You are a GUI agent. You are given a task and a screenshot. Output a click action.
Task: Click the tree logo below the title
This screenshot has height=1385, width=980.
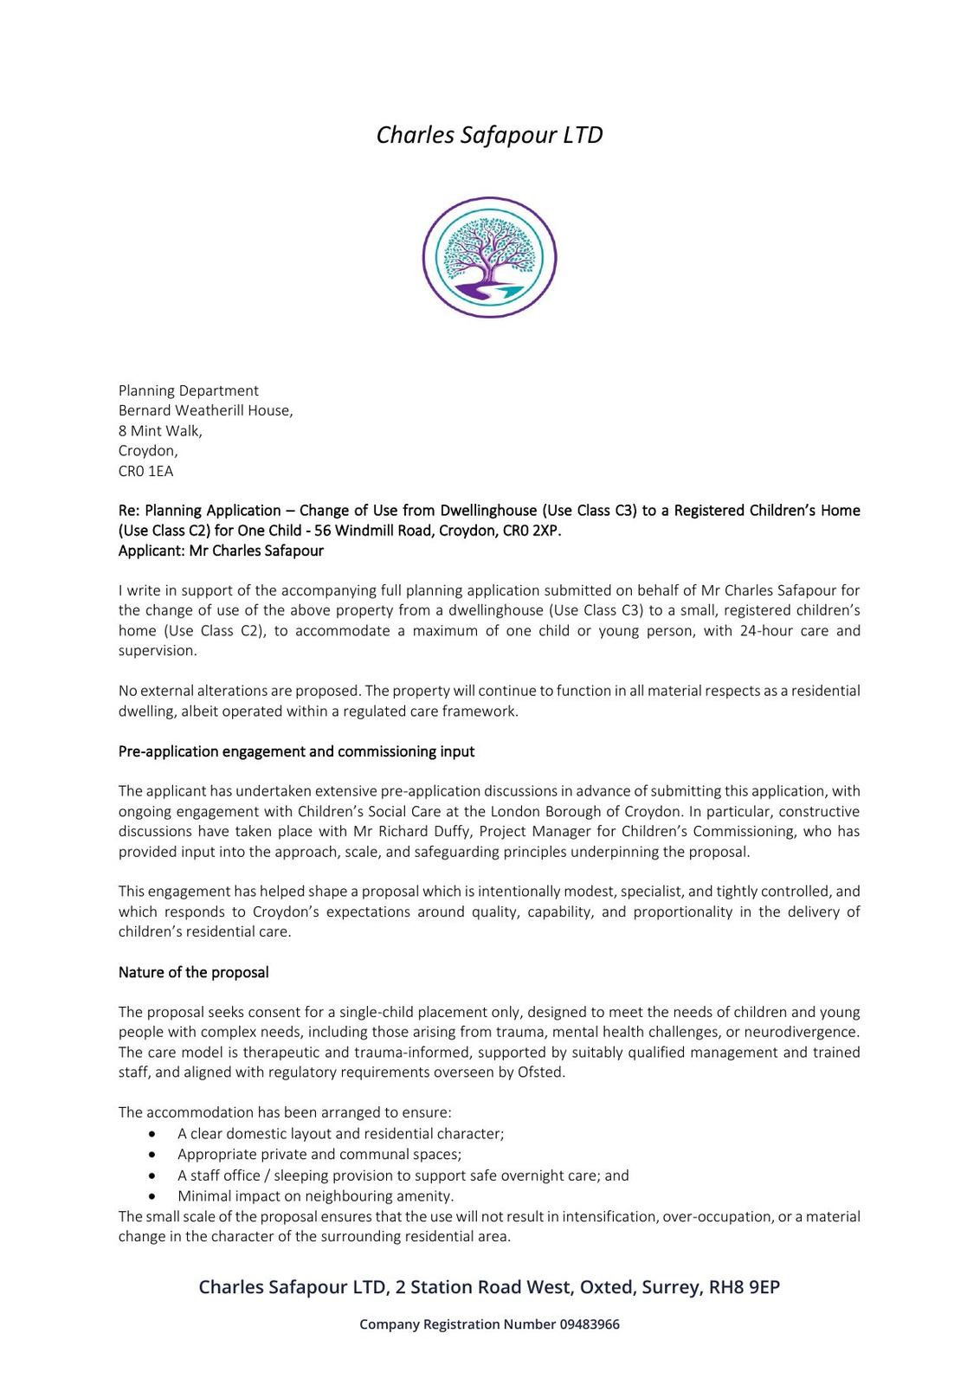[489, 257]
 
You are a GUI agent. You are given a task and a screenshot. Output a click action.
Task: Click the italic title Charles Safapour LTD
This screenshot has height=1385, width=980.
[489, 135]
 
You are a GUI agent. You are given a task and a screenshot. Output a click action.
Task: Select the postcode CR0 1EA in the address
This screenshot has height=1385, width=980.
[145, 471]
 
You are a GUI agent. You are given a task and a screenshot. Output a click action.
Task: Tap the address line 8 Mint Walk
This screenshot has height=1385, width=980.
[160, 430]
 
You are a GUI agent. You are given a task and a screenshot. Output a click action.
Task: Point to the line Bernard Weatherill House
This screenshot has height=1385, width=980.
[205, 410]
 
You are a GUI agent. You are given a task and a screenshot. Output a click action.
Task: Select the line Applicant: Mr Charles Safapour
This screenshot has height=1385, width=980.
[221, 551]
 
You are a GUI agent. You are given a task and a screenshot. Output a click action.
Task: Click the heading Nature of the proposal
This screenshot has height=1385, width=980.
[193, 972]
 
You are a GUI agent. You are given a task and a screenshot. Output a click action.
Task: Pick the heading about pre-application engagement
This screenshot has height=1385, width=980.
[296, 751]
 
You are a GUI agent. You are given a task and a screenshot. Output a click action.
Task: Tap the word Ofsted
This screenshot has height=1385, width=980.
[541, 1072]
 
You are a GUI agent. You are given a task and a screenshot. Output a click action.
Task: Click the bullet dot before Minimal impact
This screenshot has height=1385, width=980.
[152, 1196]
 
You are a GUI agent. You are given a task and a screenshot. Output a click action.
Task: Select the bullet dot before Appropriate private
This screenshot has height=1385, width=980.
[152, 1155]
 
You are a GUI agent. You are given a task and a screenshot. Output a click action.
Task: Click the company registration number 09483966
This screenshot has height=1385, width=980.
[590, 1324]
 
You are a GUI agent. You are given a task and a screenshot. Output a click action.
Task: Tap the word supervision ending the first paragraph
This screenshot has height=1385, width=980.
[157, 650]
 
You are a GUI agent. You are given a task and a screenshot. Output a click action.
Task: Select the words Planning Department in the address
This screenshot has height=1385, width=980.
[189, 390]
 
